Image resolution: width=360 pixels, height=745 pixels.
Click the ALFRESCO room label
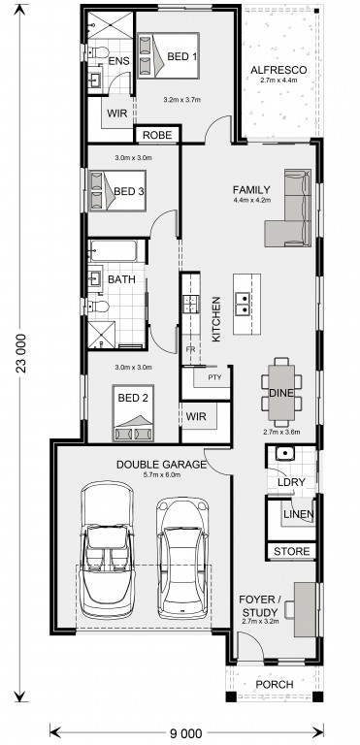click(x=278, y=70)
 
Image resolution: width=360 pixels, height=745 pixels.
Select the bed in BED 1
click(x=168, y=55)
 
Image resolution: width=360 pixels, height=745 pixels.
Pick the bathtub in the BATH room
click(x=113, y=251)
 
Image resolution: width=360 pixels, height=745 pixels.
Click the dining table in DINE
click(x=281, y=392)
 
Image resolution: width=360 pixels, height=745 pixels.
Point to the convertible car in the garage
click(x=106, y=550)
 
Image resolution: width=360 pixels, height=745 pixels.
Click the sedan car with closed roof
click(x=183, y=559)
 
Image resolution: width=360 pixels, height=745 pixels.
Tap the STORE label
click(x=291, y=552)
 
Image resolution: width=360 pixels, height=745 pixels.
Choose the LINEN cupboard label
click(x=298, y=514)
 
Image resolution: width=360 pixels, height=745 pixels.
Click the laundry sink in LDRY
click(x=285, y=454)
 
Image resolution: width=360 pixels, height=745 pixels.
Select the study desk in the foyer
click(x=305, y=609)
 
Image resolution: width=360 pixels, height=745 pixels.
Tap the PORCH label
click(x=274, y=685)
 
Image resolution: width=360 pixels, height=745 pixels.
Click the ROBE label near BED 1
click(x=157, y=135)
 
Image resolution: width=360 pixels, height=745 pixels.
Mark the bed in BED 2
click(x=133, y=412)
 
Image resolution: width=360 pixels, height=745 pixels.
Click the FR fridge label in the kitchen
click(x=191, y=349)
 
